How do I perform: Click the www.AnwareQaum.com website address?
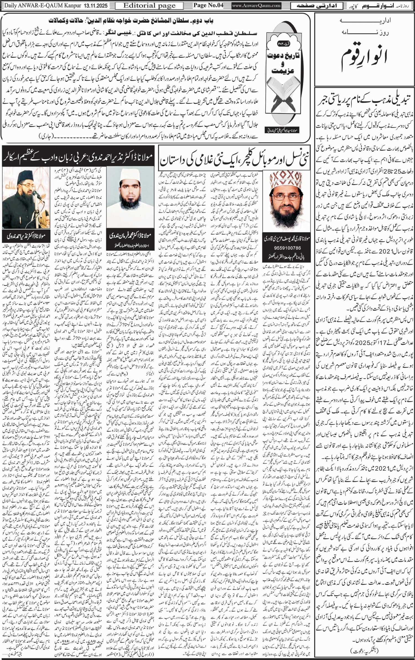click(x=256, y=6)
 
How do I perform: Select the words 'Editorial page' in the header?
click(x=149, y=6)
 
